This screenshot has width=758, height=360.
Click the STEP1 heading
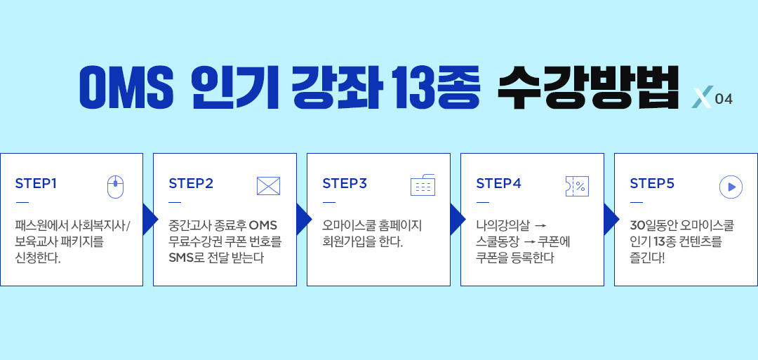[36, 184]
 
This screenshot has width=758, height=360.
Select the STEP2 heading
[191, 184]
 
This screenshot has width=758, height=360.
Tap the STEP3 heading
[345, 184]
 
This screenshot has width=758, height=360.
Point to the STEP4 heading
[498, 184]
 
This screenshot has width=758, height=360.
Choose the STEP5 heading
[652, 184]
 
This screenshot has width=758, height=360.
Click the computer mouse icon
[115, 187]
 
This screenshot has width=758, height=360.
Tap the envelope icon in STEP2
[268, 186]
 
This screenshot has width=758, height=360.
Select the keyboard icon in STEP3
[423, 185]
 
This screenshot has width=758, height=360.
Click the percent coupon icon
[577, 187]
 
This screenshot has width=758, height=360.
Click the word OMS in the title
[126, 87]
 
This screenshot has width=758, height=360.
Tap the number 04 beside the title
[724, 100]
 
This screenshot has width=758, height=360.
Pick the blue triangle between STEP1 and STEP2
[150, 220]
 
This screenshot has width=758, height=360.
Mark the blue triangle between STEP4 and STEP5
[611, 220]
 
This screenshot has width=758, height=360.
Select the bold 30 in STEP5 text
[636, 226]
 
